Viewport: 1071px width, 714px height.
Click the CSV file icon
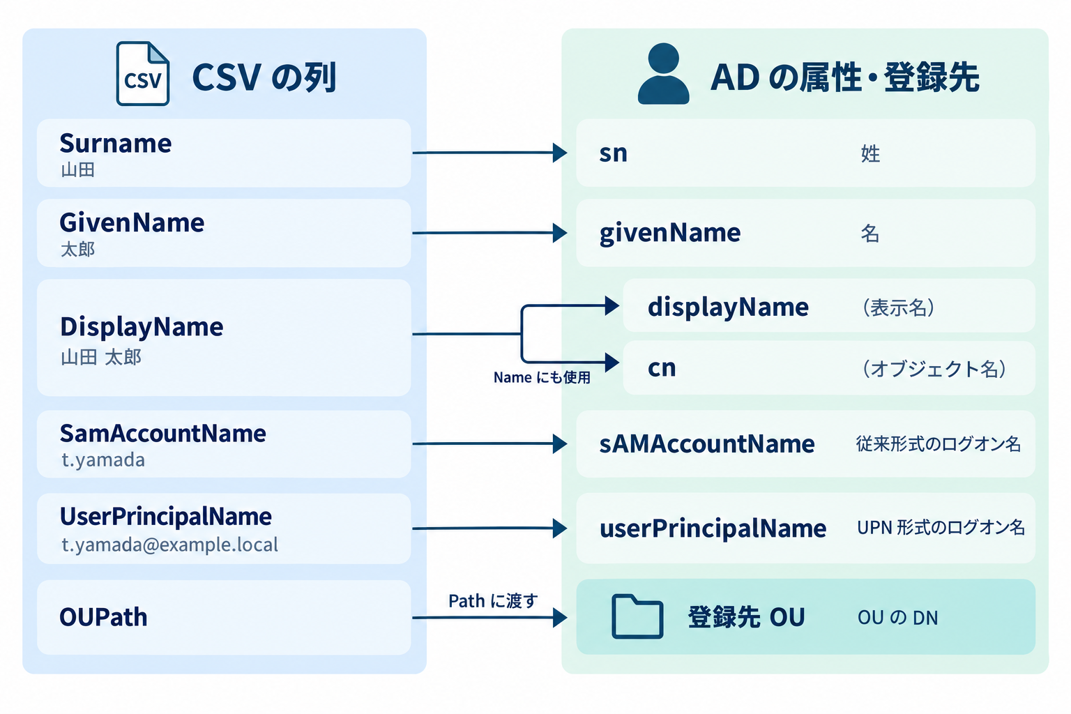(142, 73)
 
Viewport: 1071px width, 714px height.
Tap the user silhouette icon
(663, 73)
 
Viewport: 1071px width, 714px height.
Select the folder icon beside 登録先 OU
(637, 616)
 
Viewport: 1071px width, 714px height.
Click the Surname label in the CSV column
(116, 143)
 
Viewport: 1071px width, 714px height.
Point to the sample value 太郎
(78, 249)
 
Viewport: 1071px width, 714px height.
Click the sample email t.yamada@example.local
(169, 545)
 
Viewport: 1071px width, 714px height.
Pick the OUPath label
(103, 617)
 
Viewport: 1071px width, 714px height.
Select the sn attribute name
(613, 153)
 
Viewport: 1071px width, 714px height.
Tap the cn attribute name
(662, 367)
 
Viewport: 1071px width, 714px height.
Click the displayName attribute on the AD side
(728, 307)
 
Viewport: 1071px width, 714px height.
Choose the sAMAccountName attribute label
(707, 443)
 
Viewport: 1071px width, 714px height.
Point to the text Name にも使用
(542, 377)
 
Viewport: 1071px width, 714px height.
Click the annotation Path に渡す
(493, 600)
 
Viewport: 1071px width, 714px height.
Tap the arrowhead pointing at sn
(560, 153)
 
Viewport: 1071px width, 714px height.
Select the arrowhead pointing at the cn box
(612, 362)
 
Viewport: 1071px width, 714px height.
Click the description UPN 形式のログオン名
(941, 528)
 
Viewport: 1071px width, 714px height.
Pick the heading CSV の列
(264, 77)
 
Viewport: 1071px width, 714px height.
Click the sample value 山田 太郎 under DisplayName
(101, 357)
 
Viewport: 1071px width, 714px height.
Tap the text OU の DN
(897, 617)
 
